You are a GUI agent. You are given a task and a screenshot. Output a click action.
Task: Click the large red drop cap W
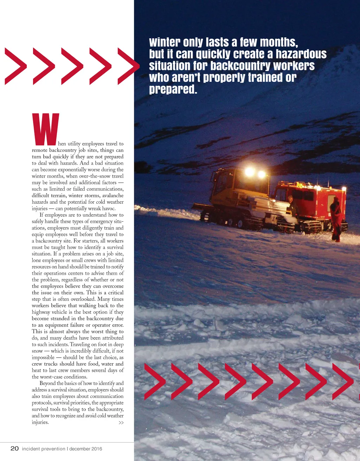(45, 129)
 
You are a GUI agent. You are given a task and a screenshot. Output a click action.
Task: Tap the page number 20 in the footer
(14, 448)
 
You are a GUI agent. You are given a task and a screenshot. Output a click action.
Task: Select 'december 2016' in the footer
(86, 449)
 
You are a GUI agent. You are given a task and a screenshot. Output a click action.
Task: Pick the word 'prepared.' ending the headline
(173, 89)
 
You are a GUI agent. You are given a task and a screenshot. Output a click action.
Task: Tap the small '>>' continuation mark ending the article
(121, 423)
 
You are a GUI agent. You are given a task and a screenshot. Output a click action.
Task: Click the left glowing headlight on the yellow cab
(250, 172)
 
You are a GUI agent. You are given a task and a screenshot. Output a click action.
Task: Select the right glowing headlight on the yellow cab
(262, 174)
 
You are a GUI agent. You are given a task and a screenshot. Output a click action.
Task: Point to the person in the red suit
(336, 219)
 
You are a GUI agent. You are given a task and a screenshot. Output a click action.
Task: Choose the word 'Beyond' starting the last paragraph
(47, 383)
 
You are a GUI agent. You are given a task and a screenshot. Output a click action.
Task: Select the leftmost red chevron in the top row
(16, 67)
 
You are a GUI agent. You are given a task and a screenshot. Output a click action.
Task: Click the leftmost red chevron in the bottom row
(155, 382)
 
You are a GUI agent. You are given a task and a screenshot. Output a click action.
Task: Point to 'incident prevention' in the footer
(44, 449)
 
